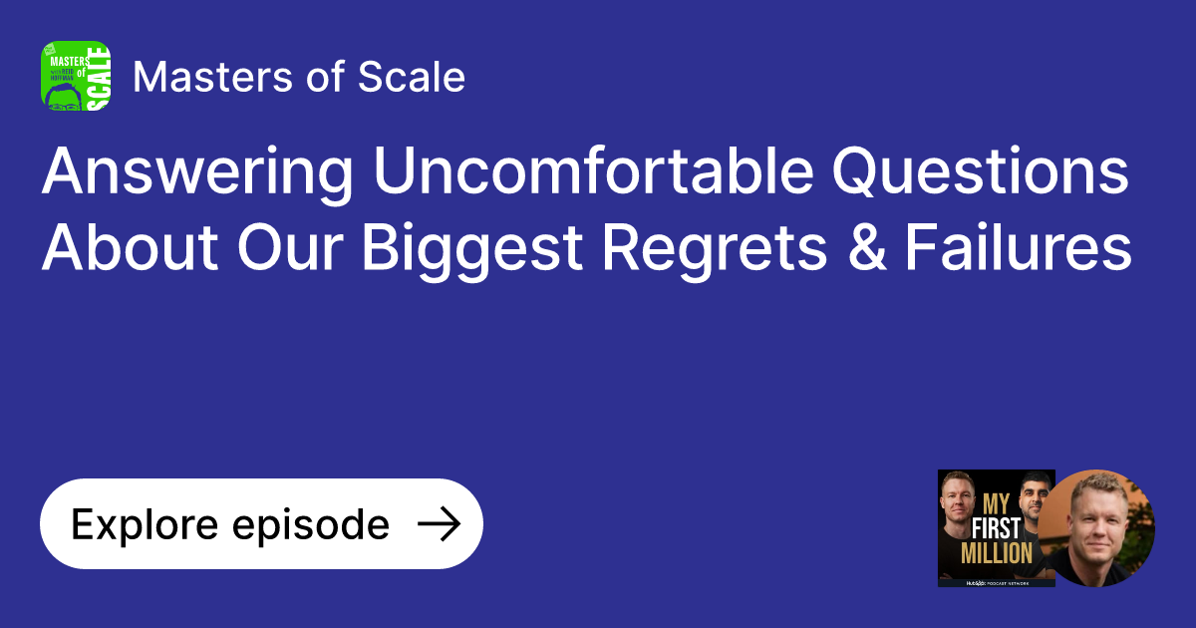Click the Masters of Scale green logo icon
tap(76, 76)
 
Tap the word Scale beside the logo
tap(420, 77)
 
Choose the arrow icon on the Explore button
tap(438, 524)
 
